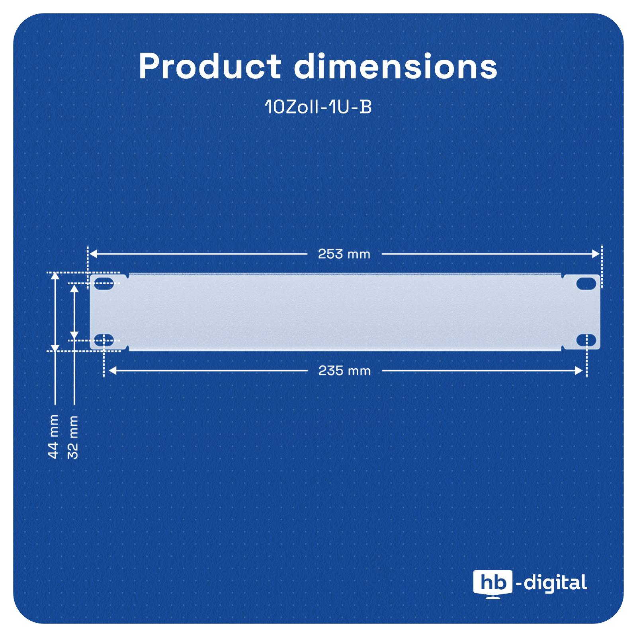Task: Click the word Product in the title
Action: (x=210, y=66)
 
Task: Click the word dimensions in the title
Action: (x=395, y=66)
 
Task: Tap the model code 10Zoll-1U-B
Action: (x=318, y=107)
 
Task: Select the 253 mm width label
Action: (x=344, y=254)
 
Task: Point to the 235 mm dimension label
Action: (x=344, y=371)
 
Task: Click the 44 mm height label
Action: (x=53, y=436)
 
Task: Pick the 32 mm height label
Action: (x=73, y=437)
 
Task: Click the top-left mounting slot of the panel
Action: (x=104, y=285)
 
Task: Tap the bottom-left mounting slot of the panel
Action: (x=104, y=340)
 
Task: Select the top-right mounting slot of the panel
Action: (x=586, y=283)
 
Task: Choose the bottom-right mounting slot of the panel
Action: (x=586, y=340)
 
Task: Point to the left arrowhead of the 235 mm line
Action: (x=112, y=371)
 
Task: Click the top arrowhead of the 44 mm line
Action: (x=55, y=276)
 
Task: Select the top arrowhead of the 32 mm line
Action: (x=74, y=287)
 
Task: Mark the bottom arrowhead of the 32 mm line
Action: (x=74, y=334)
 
